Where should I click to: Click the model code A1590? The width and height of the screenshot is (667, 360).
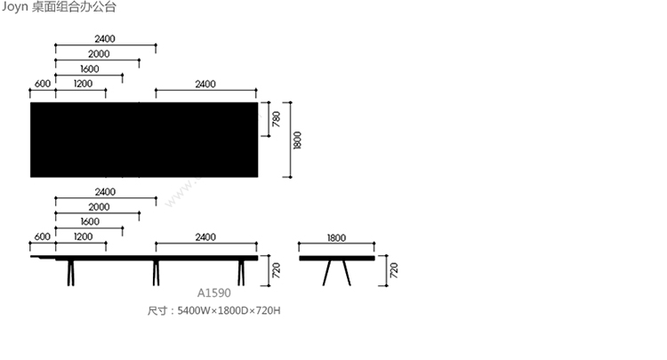[x=214, y=292]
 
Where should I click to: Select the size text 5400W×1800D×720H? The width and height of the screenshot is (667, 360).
[x=229, y=311]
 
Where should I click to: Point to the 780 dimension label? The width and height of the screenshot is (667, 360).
[x=276, y=119]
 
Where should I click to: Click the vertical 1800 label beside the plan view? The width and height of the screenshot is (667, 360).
[x=297, y=140]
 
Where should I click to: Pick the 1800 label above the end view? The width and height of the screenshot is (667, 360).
[x=336, y=237]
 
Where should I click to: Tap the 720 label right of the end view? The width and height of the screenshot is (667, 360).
[x=393, y=270]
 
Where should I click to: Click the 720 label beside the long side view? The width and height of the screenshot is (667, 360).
[x=276, y=270]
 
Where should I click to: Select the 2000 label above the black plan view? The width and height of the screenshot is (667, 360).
[x=99, y=54]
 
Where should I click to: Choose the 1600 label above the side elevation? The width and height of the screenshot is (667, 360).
[x=90, y=221]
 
